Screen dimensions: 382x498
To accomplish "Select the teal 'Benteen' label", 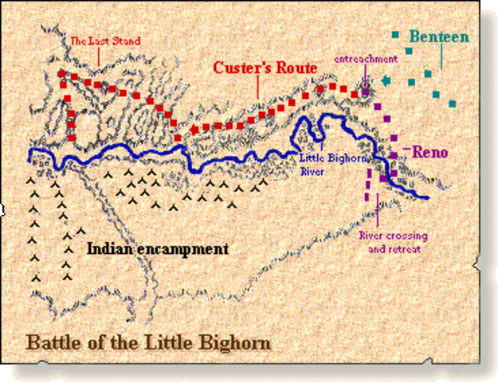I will click(440, 37).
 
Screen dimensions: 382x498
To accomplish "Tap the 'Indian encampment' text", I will click(157, 249).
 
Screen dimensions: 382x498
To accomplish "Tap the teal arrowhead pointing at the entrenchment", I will click(386, 80).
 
